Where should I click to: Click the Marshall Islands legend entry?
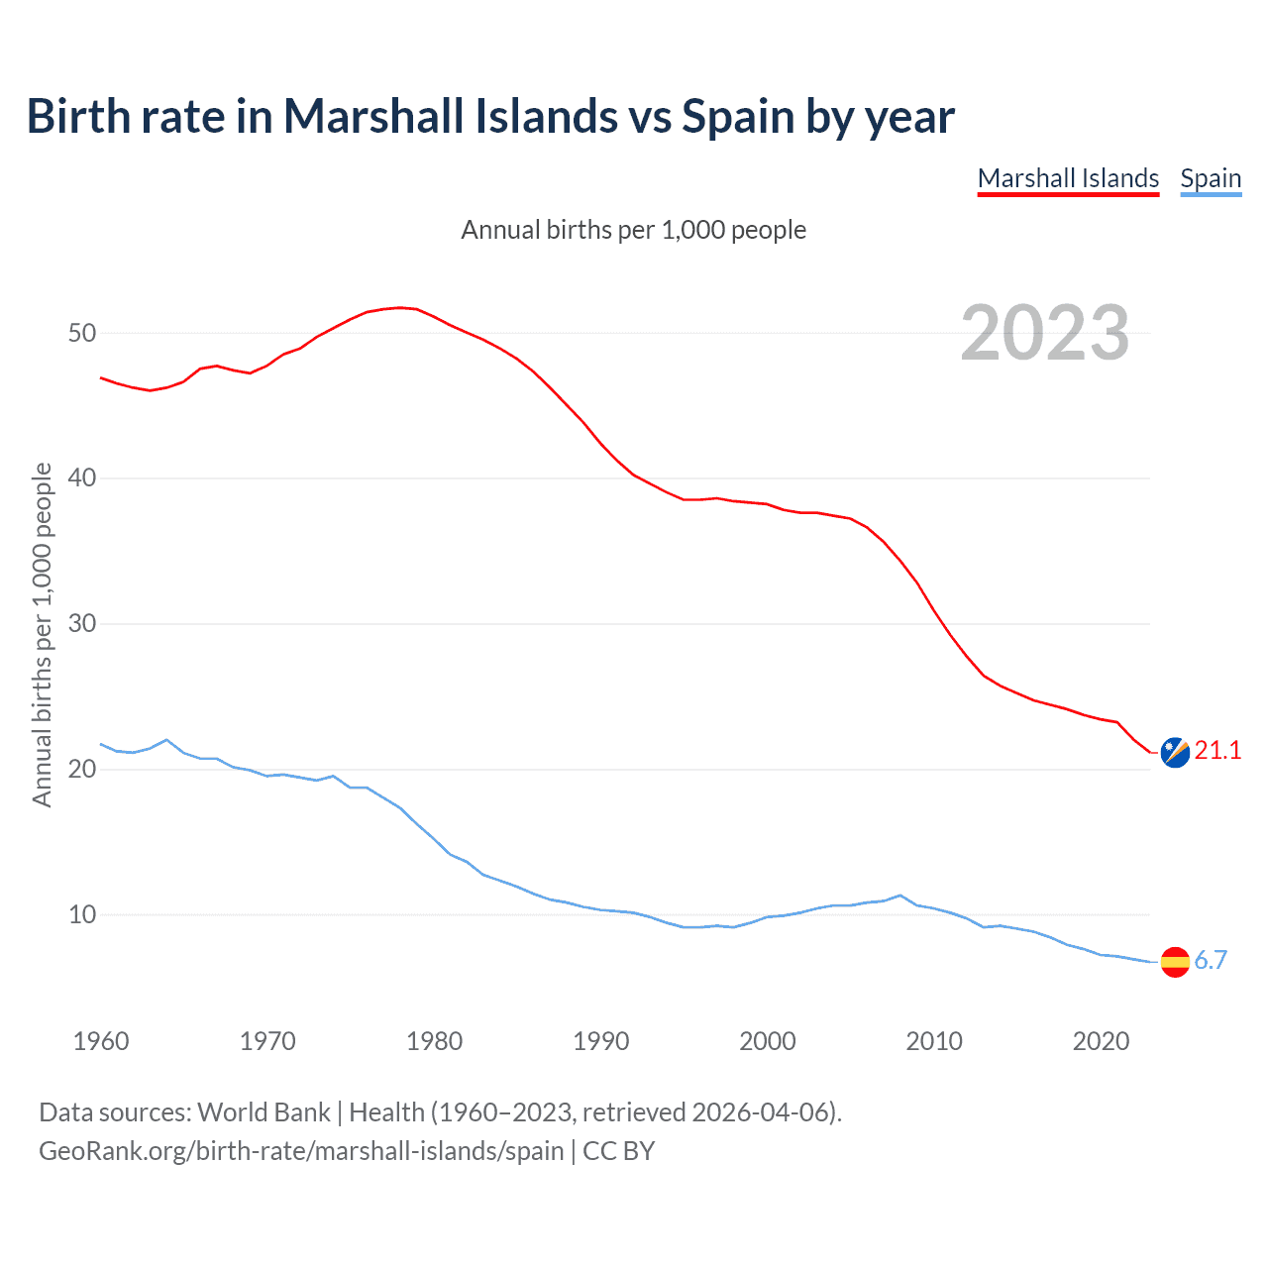(x=1068, y=178)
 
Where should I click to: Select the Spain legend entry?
(x=1211, y=178)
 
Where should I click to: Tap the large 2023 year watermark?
(x=1045, y=333)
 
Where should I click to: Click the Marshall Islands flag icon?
(x=1175, y=753)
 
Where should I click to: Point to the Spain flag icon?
(x=1175, y=961)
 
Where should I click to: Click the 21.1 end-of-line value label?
(x=1217, y=751)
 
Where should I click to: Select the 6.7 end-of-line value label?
(x=1211, y=960)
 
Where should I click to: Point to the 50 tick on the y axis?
(x=82, y=333)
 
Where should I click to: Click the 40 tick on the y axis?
(x=82, y=478)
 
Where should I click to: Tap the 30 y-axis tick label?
(x=82, y=624)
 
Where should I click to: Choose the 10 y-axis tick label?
(x=82, y=914)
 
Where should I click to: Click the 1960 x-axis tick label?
(x=101, y=1041)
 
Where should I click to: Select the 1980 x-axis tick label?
(x=435, y=1041)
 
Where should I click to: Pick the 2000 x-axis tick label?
(x=768, y=1041)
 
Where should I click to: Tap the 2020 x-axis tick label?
(x=1102, y=1041)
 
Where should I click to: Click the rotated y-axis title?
(x=42, y=634)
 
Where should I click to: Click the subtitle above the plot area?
(x=634, y=230)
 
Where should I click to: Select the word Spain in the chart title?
(x=739, y=117)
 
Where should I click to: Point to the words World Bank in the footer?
(x=264, y=1112)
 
